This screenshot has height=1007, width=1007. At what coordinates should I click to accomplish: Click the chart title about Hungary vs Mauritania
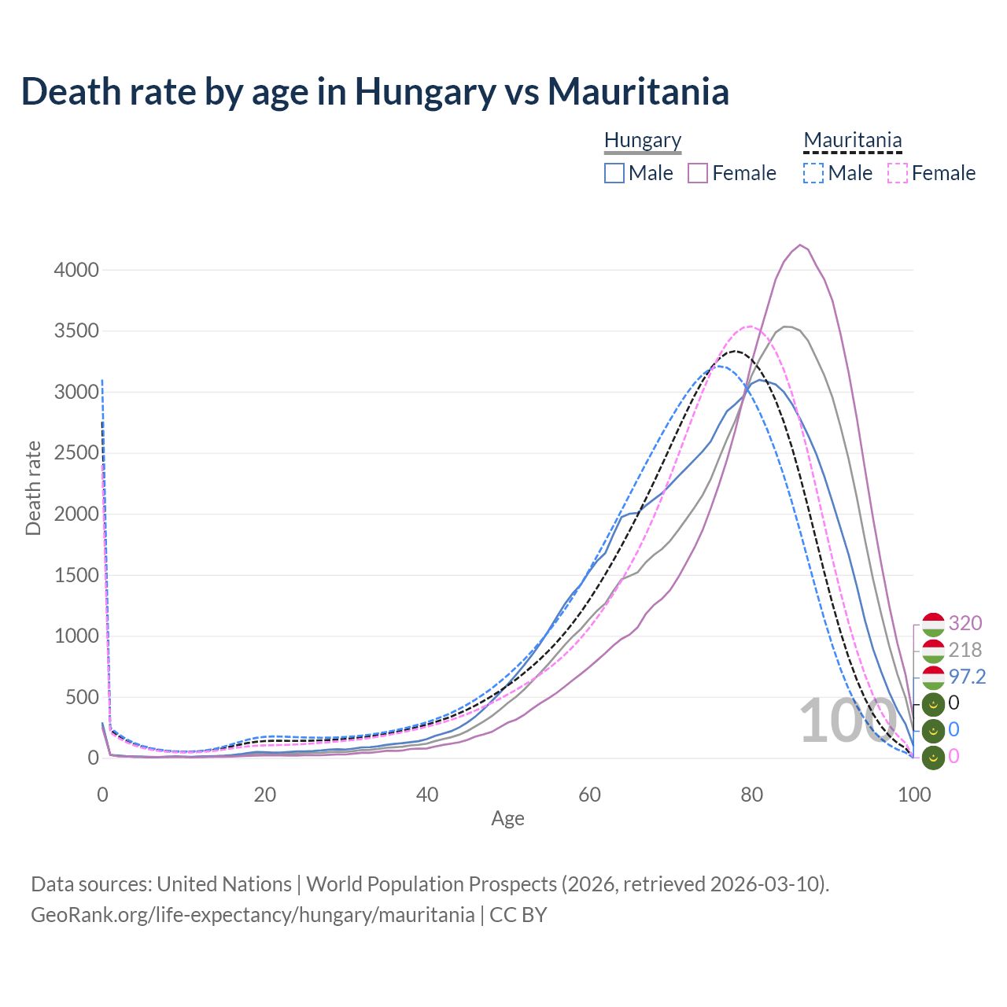point(375,91)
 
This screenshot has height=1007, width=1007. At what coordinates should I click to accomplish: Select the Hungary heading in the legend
point(643,140)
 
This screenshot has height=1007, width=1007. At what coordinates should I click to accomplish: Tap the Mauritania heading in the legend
point(853,140)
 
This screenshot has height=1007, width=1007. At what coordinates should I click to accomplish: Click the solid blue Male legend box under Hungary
point(614,173)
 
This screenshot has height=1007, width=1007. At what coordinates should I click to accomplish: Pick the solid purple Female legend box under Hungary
point(698,173)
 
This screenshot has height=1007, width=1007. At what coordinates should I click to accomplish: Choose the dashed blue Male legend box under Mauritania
point(813,173)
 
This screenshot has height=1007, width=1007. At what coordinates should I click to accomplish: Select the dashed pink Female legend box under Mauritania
point(898,173)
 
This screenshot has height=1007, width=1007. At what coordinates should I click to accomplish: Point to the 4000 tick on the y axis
point(76,270)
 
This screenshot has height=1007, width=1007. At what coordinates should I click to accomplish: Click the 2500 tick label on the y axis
point(76,453)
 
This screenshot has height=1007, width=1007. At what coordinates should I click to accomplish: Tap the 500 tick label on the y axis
point(82,697)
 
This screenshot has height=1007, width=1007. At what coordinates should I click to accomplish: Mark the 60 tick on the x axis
point(589,795)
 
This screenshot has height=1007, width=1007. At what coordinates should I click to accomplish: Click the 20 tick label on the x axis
point(265,795)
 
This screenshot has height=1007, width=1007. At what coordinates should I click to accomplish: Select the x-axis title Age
point(507,818)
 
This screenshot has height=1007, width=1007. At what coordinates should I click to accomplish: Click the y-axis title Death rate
point(33,488)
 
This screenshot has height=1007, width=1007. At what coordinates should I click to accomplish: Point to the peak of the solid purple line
point(800,245)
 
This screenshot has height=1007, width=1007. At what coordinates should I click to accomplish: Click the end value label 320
point(965,623)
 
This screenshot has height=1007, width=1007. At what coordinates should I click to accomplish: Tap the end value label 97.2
point(968,677)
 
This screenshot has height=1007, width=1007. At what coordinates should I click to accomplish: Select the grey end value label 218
point(965,650)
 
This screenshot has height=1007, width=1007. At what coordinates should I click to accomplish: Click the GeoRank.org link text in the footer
point(253,915)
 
